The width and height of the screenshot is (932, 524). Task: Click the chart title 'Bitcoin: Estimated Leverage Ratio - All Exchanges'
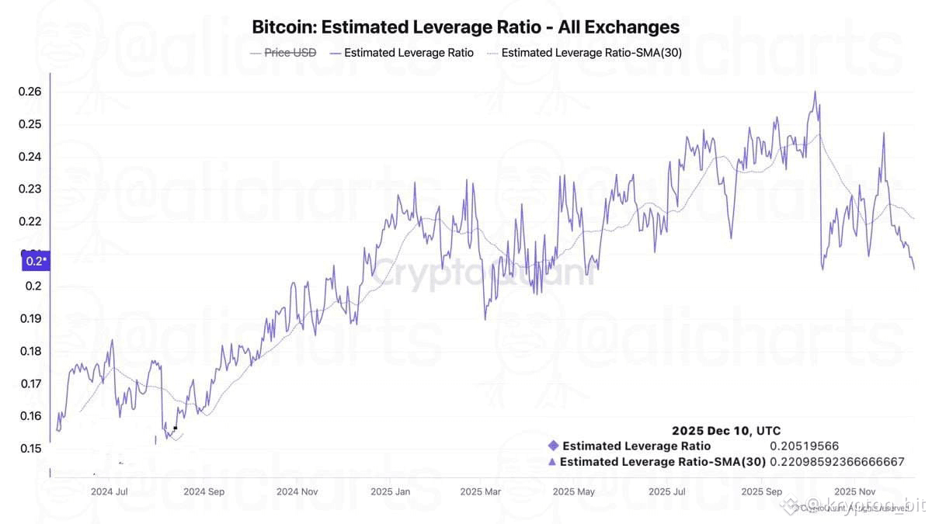[x=465, y=27]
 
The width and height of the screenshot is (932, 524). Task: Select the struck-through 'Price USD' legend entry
[x=290, y=54]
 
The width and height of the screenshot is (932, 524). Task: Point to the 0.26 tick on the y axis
[x=30, y=92]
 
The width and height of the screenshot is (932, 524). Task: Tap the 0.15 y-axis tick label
[x=30, y=448]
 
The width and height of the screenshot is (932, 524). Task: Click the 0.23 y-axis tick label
[x=30, y=189]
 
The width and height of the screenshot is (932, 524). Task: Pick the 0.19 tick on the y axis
[x=30, y=318]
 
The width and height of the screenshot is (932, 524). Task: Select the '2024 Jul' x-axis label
[x=109, y=491]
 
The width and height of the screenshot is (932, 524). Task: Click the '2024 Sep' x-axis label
[x=204, y=491]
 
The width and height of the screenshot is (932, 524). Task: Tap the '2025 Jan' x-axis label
[x=390, y=491]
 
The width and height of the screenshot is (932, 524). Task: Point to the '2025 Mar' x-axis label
[x=481, y=491]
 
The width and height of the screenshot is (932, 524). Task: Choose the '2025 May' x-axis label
[x=574, y=491]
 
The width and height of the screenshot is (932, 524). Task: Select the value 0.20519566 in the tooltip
[x=804, y=446]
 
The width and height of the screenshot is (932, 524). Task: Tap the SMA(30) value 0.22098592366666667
[x=836, y=462]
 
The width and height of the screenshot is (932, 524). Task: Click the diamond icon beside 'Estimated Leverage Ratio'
[x=553, y=446]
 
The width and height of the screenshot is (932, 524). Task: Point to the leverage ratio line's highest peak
[x=815, y=92]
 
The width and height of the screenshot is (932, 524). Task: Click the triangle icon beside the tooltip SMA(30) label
[x=551, y=462]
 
